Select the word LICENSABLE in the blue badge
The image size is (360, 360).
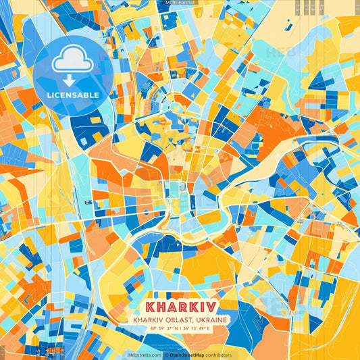[74, 95]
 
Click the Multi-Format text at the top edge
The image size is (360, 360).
[180, 3]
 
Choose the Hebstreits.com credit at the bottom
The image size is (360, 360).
[144, 355]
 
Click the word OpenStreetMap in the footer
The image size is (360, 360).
[188, 355]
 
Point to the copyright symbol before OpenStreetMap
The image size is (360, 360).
[166, 355]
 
